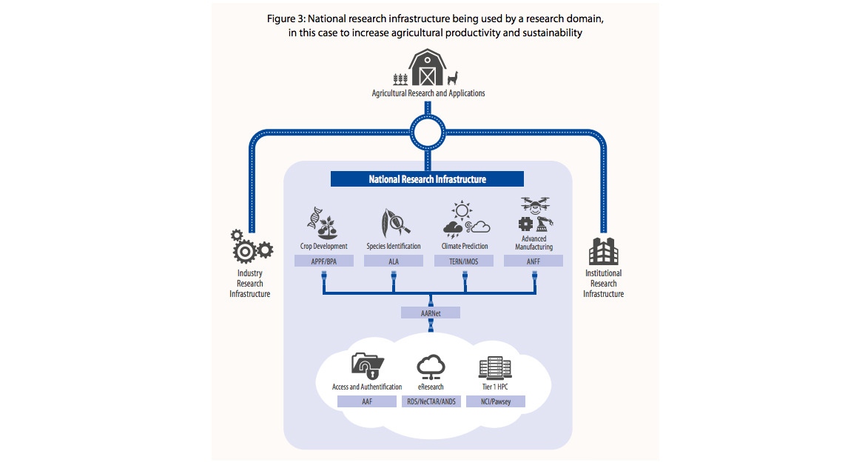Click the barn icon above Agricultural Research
428,68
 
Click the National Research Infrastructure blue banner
427,179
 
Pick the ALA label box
394,261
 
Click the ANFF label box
534,261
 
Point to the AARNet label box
430,313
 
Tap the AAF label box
367,401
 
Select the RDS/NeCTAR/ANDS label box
430,401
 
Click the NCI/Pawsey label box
495,401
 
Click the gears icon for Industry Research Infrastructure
250,247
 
